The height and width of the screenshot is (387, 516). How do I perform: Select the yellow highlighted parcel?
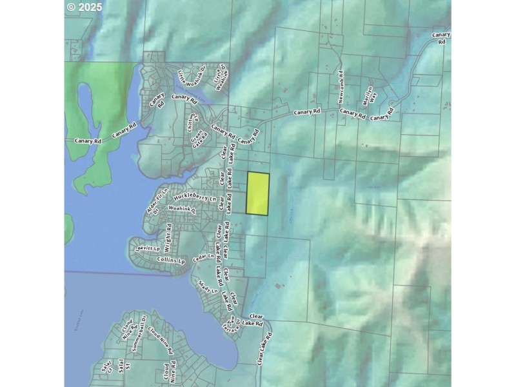pos(258,193)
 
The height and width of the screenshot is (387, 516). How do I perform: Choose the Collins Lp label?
pos(171,261)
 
